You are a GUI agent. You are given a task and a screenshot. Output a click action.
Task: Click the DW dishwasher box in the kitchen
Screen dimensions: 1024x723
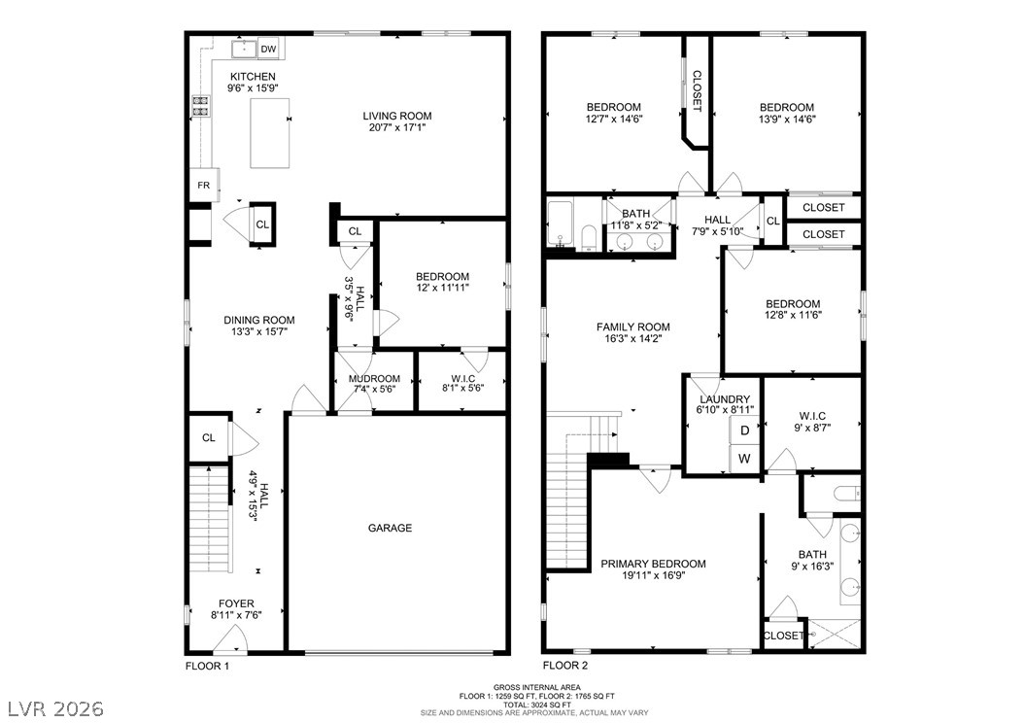[268, 49]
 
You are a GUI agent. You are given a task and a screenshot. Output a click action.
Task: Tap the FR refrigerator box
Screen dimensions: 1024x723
[204, 186]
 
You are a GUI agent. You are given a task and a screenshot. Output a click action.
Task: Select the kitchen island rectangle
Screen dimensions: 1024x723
[270, 133]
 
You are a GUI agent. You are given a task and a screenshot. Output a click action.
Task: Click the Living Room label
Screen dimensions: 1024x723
[397, 116]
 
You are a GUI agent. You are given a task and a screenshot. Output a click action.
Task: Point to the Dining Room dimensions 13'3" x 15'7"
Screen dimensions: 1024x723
[259, 331]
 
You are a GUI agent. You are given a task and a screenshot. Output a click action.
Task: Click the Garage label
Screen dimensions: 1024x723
[390, 528]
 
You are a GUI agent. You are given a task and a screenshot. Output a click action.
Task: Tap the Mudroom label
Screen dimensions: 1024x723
[374, 379]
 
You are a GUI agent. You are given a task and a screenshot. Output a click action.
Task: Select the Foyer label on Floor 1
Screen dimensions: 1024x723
[236, 603]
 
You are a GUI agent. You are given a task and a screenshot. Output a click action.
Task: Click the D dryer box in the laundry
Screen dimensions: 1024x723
[745, 430]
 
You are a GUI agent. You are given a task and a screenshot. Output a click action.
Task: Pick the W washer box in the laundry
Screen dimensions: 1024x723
[745, 459]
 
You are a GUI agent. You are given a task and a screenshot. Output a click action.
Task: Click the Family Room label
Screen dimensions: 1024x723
[632, 327]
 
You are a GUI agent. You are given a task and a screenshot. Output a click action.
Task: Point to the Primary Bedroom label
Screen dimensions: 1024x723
[653, 564]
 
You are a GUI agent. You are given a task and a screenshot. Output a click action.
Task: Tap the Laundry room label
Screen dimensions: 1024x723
[725, 399]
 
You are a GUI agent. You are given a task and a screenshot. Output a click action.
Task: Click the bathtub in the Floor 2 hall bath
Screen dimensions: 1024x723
[561, 224]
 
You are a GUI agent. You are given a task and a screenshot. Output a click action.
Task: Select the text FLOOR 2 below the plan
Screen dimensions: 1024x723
[565, 666]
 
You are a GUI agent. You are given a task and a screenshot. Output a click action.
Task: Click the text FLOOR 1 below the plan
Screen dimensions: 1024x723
[208, 667]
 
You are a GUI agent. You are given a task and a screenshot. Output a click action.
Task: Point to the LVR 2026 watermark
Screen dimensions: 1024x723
[55, 708]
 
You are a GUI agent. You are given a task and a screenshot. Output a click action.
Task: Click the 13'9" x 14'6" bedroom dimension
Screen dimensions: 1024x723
[787, 119]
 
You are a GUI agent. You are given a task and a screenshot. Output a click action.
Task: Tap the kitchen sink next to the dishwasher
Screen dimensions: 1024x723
[244, 49]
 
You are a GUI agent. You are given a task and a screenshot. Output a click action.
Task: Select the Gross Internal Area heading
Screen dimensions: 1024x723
[537, 687]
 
